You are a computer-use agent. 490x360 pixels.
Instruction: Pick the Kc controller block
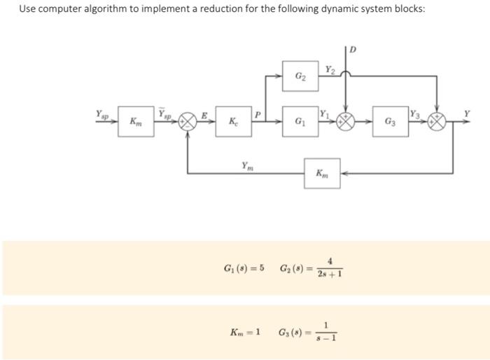coord(231,120)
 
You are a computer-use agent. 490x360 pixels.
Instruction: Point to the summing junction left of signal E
coord(188,120)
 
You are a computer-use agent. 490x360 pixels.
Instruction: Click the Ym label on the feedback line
coord(247,165)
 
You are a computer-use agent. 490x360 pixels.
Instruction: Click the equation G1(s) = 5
coord(244,270)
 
